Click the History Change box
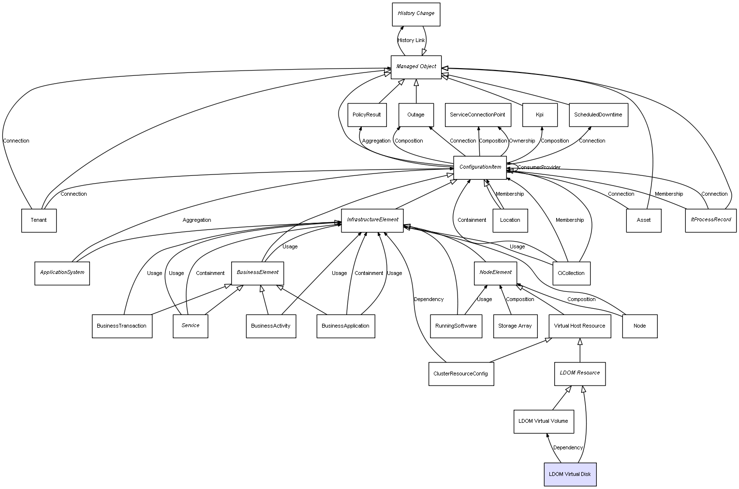tap(416, 14)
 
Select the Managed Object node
tap(416, 67)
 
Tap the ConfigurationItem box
tap(480, 168)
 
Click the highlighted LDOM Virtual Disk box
tap(570, 475)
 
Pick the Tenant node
tap(39, 220)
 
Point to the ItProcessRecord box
tap(710, 220)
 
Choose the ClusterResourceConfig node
tap(461, 374)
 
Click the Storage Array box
tap(515, 326)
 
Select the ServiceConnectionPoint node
tap(477, 115)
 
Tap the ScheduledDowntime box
tap(598, 115)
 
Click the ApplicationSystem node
tap(62, 273)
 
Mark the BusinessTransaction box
tap(122, 326)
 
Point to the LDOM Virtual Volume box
tap(543, 421)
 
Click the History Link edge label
tap(411, 41)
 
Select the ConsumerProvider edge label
tap(539, 167)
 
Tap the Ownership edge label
tap(522, 141)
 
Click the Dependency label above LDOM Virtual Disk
tap(568, 448)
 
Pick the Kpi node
tap(540, 115)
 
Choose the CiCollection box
tap(571, 273)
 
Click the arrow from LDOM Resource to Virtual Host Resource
tap(580, 350)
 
